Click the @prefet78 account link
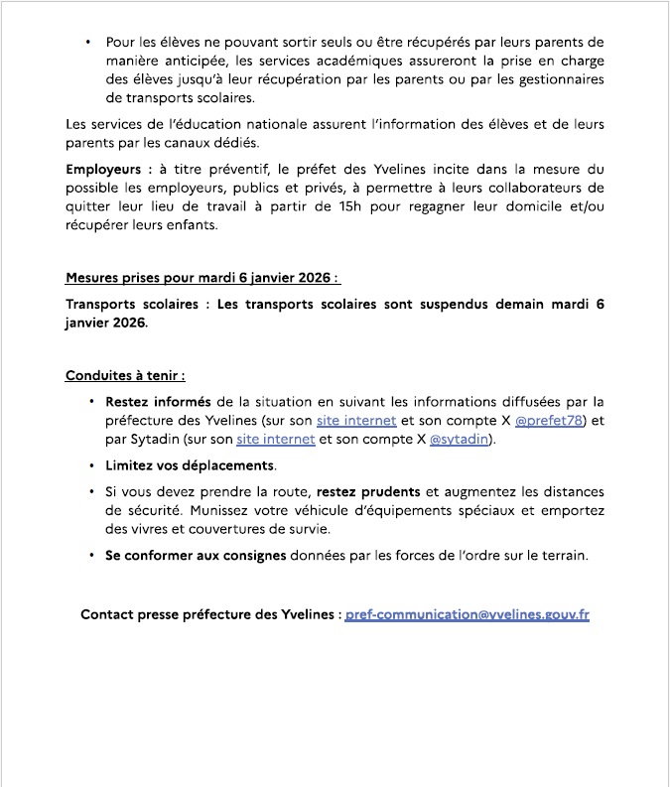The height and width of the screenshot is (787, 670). pos(551,421)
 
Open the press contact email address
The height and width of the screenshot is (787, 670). pos(468,614)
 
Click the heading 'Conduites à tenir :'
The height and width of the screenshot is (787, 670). pos(126,376)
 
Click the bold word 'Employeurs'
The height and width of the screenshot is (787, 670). pos(105,170)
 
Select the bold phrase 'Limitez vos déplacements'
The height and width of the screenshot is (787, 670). pos(191,465)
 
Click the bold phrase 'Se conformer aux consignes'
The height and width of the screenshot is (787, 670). pos(196,556)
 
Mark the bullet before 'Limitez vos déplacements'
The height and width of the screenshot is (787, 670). pos(91,465)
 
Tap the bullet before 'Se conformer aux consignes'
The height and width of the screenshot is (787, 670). pos(91,556)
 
